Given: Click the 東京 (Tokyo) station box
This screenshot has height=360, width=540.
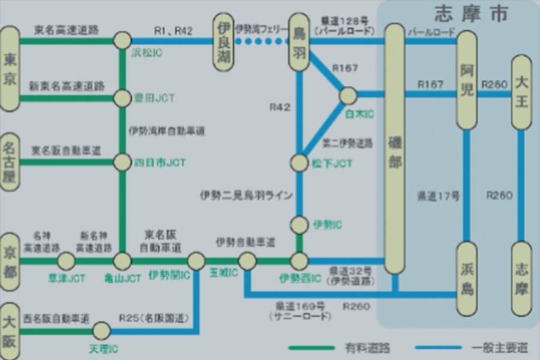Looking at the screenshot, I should click(10, 68).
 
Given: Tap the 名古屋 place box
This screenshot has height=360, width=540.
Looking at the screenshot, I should click(10, 161).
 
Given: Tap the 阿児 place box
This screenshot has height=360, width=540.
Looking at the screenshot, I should click(467, 80).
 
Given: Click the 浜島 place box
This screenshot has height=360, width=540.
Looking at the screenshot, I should click(467, 279).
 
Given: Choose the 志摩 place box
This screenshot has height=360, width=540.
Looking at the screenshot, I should click(521, 279).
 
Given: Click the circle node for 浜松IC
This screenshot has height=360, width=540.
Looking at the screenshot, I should click(122, 41).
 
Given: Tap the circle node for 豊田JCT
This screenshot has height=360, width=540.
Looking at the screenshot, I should click(122, 97).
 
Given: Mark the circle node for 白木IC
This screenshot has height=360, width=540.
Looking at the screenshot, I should click(348, 95).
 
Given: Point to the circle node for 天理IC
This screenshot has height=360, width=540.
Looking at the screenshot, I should click(101, 330).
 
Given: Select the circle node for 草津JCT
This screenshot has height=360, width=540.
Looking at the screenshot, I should click(65, 261).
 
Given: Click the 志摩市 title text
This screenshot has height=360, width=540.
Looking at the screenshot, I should click(470, 13).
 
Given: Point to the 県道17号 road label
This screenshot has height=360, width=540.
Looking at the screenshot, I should click(438, 196).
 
